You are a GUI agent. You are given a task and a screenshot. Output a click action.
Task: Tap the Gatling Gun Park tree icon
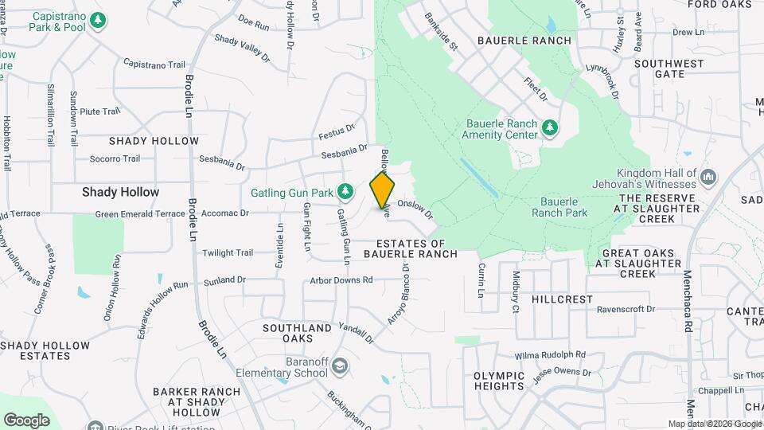[345, 191]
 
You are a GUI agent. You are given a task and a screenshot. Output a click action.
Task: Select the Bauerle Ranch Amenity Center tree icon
[549, 128]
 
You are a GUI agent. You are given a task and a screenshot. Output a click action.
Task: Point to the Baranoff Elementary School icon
[340, 365]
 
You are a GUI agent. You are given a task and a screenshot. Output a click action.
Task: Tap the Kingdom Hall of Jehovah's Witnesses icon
[709, 177]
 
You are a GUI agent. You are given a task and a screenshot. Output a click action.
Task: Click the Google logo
[26, 420]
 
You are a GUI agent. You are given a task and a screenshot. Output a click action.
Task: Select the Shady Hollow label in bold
[121, 192]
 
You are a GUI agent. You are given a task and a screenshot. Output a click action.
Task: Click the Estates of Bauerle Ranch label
[411, 248]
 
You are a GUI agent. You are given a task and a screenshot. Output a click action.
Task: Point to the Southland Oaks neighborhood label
[298, 333]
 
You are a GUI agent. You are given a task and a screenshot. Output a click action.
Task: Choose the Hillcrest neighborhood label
[563, 299]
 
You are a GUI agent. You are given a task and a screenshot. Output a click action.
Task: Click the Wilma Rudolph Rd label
[550, 354]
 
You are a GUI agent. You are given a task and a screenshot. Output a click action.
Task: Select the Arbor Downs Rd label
[341, 280]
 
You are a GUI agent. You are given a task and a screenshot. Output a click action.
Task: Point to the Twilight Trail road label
[227, 252]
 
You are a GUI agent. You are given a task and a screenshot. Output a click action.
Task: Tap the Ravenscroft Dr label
[625, 309]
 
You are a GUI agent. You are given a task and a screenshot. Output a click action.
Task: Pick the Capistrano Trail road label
[154, 64]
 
